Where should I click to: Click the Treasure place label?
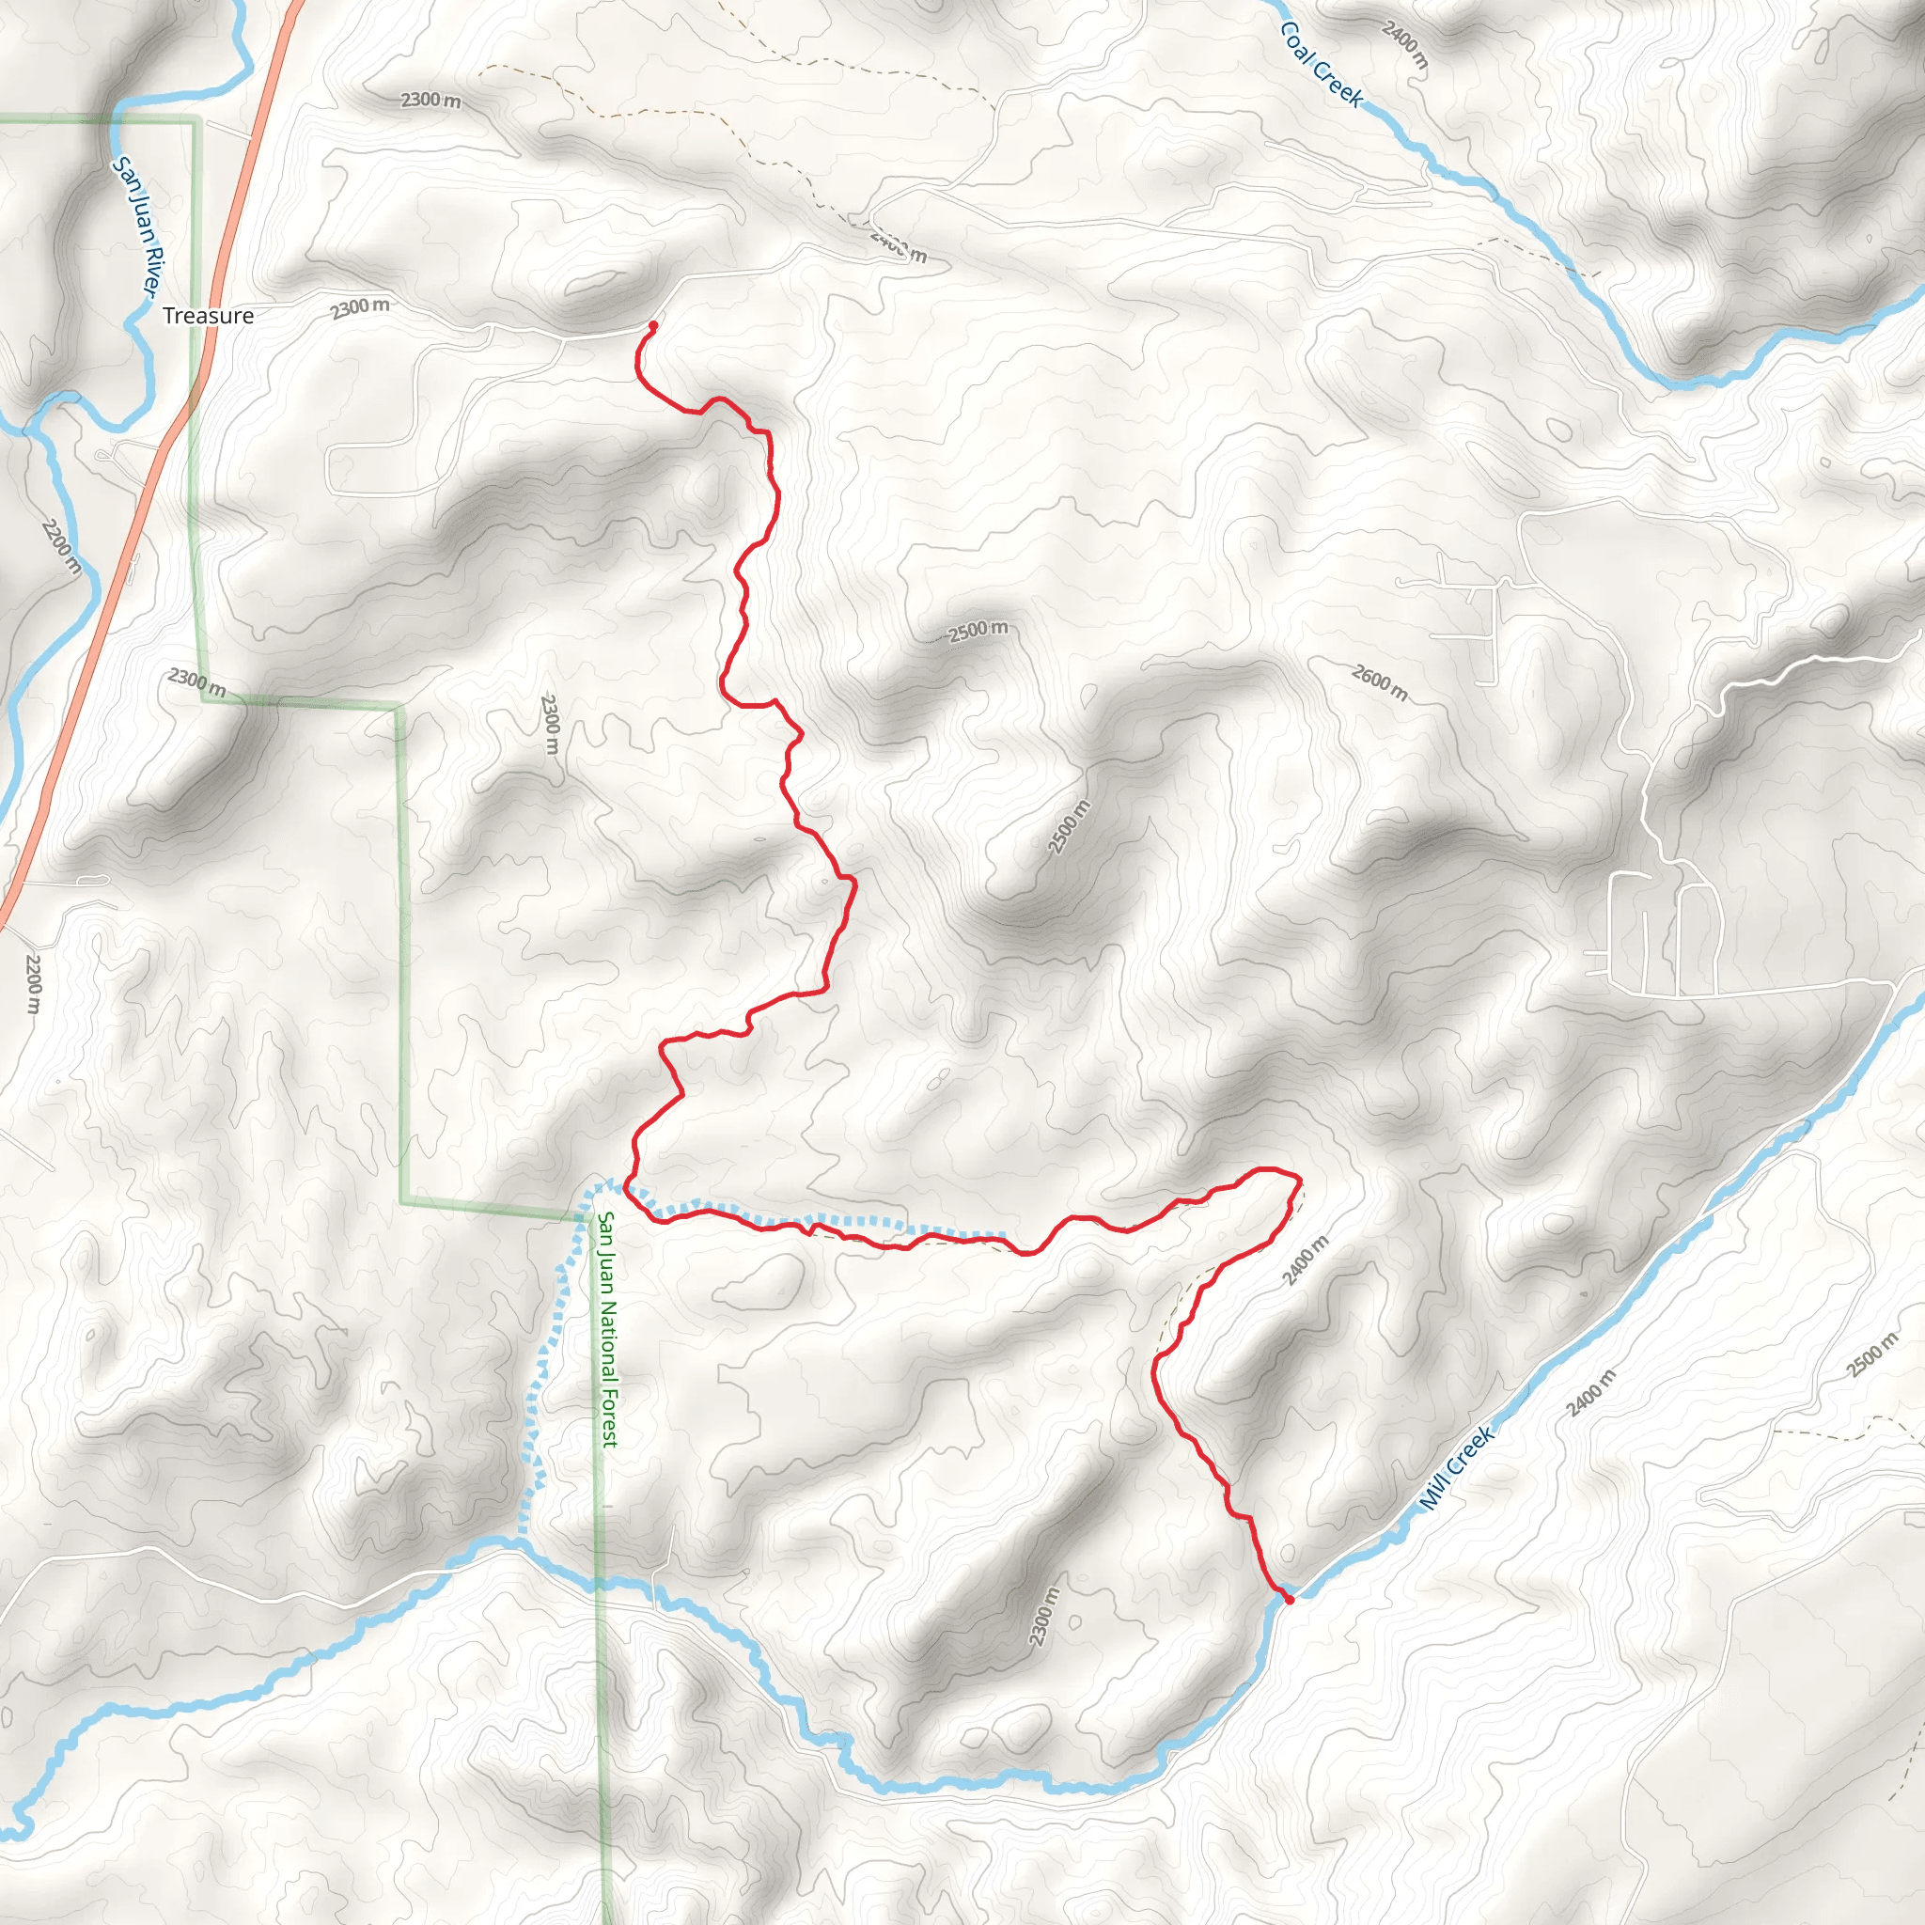tap(209, 316)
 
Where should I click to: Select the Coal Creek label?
tap(1321, 64)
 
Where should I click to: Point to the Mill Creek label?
tap(1457, 1467)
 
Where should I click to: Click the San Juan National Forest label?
tap(608, 1329)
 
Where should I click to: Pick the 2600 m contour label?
tap(1380, 682)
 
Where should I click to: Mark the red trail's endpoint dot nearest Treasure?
tap(652, 326)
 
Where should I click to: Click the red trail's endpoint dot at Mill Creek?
tap(1289, 1599)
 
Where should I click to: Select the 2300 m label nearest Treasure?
tap(360, 308)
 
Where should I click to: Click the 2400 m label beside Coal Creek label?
tap(1405, 45)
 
